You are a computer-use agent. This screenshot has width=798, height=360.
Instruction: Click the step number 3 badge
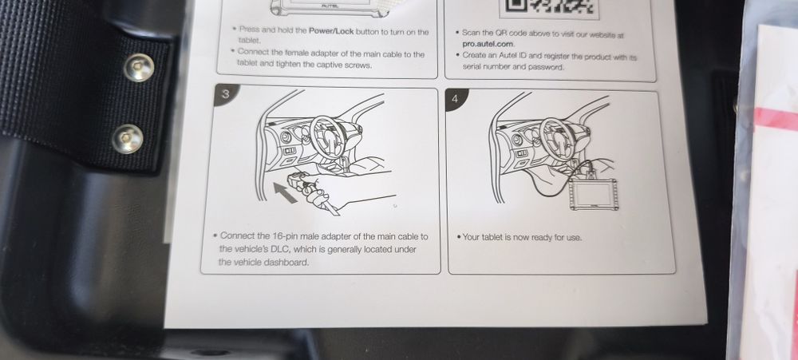[x=225, y=94]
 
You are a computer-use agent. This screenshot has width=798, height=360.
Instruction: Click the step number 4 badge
[x=456, y=99]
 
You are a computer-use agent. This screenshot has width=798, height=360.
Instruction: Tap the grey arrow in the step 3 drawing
[x=285, y=193]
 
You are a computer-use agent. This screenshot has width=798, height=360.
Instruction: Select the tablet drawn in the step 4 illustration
[x=594, y=193]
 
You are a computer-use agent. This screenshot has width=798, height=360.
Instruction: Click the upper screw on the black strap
[x=140, y=67]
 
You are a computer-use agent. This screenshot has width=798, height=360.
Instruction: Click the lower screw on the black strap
[x=127, y=139]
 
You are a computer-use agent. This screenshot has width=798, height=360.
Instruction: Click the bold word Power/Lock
[x=331, y=32]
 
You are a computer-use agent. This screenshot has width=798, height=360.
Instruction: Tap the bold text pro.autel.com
[x=488, y=44]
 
